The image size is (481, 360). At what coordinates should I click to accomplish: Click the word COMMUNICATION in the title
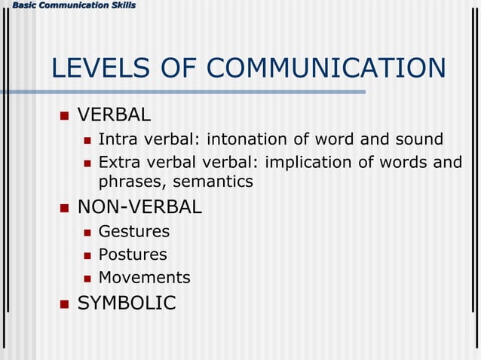click(x=326, y=69)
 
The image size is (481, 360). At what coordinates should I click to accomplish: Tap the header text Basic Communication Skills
click(x=68, y=6)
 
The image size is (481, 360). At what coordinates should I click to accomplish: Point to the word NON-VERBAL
click(x=139, y=206)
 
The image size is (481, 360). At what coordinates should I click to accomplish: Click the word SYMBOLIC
click(x=127, y=303)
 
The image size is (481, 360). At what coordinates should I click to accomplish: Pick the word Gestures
click(x=134, y=231)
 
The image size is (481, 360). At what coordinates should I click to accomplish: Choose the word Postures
click(x=133, y=255)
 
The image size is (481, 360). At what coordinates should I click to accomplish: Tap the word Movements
click(x=144, y=278)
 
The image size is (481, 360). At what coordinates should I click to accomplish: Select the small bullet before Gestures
click(x=87, y=232)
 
